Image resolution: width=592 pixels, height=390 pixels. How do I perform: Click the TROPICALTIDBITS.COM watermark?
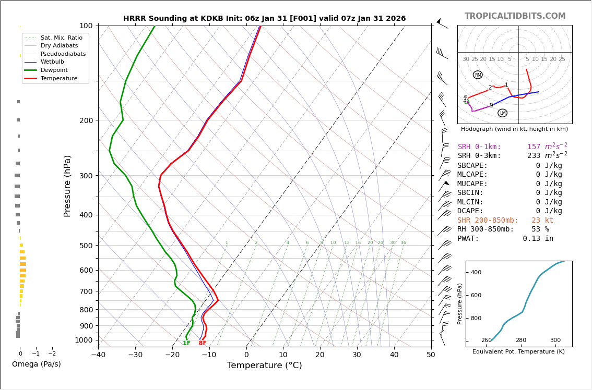pos(515,16)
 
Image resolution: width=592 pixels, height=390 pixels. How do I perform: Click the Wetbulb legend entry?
pos(52,62)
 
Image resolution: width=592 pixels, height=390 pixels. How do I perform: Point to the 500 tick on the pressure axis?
pos(86,246)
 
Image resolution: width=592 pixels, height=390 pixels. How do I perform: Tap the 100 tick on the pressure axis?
pos(86,26)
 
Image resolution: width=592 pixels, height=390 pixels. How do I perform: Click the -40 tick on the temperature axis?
pos(98,355)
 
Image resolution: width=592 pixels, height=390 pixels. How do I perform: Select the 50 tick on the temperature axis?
pos(431,355)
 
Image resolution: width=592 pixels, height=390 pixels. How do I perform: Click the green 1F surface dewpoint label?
pos(186,343)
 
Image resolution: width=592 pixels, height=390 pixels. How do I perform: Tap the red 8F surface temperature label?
pos(203,343)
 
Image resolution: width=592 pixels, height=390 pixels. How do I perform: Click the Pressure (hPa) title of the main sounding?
pos(68,186)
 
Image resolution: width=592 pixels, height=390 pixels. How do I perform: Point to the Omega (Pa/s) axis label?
pos(37,364)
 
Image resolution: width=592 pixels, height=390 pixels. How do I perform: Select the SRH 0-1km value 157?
pos(534,147)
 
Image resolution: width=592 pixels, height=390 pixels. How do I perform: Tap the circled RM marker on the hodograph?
pos(478,75)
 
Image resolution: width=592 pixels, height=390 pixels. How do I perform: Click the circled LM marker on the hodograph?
pos(502,113)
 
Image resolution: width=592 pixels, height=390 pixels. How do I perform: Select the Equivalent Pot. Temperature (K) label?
pos(518,352)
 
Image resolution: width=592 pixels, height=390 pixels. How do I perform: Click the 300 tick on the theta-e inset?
pos(555,340)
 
